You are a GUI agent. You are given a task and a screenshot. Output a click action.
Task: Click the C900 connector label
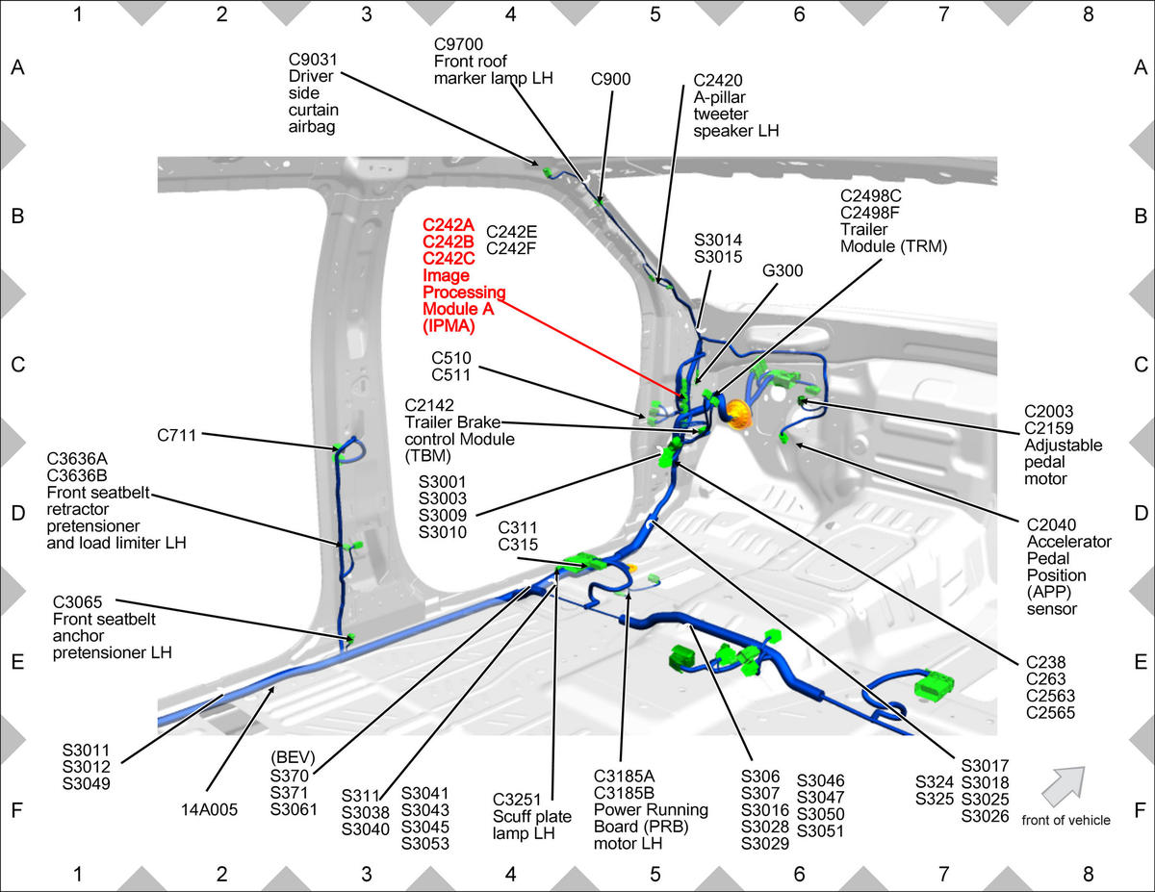pos(610,79)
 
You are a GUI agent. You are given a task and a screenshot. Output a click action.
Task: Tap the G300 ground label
pos(783,271)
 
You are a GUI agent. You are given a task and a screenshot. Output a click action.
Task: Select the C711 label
pos(176,435)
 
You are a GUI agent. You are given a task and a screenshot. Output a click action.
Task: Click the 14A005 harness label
pos(209,809)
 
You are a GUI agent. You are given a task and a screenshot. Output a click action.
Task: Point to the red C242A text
pos(449,225)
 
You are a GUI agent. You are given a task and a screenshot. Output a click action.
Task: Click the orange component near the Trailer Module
pos(738,415)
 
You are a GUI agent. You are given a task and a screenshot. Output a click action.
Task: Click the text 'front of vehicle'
pos(1065,820)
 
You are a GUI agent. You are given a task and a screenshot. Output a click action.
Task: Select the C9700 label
pos(458,44)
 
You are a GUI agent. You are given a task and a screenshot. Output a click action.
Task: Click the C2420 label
pos(718,80)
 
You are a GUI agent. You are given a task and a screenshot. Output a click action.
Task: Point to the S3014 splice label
pos(718,241)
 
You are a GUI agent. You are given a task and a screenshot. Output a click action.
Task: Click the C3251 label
pos(516,800)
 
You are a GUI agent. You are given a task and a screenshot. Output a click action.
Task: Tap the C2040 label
pos(1051,524)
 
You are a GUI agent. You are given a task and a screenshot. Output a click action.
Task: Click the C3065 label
pos(77,602)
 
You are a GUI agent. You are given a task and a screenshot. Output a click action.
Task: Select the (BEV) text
pos(293,756)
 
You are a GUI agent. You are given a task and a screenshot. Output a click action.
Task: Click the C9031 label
pos(313,60)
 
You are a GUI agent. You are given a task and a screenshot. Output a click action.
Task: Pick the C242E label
pos(511,232)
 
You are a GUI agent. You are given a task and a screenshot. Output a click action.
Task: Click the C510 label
pos(451,358)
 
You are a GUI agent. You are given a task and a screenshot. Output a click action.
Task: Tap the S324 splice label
pos(934,782)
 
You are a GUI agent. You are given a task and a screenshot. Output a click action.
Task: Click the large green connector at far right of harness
pos(934,686)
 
